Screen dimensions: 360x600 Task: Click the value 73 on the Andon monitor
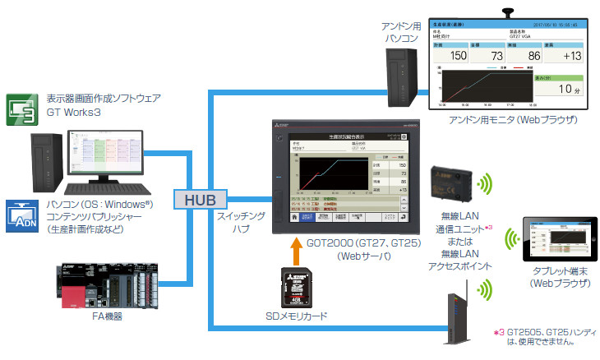click(x=493, y=55)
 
